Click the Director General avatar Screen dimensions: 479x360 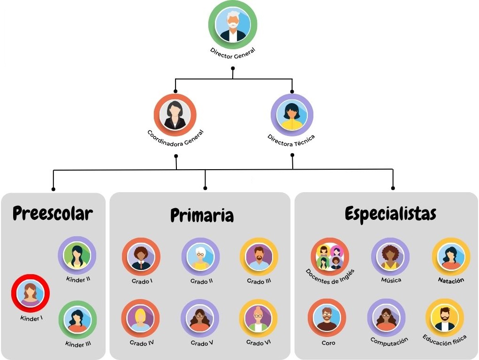click(233, 24)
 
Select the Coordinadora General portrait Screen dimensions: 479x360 click(175, 115)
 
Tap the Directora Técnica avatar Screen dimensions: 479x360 click(292, 115)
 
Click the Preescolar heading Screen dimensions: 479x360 click(53, 213)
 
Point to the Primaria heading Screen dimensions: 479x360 click(202, 215)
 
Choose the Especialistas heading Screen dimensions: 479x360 click(390, 213)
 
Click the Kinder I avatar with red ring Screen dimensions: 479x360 click(30, 293)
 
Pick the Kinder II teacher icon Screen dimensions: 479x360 click(77, 255)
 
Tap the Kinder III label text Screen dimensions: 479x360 click(78, 344)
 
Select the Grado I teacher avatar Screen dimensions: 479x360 click(141, 257)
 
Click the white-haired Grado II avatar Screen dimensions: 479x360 click(201, 257)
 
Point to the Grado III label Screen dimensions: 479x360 click(259, 281)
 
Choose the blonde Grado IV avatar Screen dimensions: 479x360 click(141, 318)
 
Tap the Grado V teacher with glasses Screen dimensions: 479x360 click(200, 318)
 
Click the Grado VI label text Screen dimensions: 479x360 click(259, 343)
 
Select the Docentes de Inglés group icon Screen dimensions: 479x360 click(330, 257)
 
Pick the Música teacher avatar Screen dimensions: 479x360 click(390, 257)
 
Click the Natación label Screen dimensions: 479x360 click(451, 280)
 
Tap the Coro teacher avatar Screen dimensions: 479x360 click(327, 318)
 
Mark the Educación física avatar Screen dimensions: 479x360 click(445, 318)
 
